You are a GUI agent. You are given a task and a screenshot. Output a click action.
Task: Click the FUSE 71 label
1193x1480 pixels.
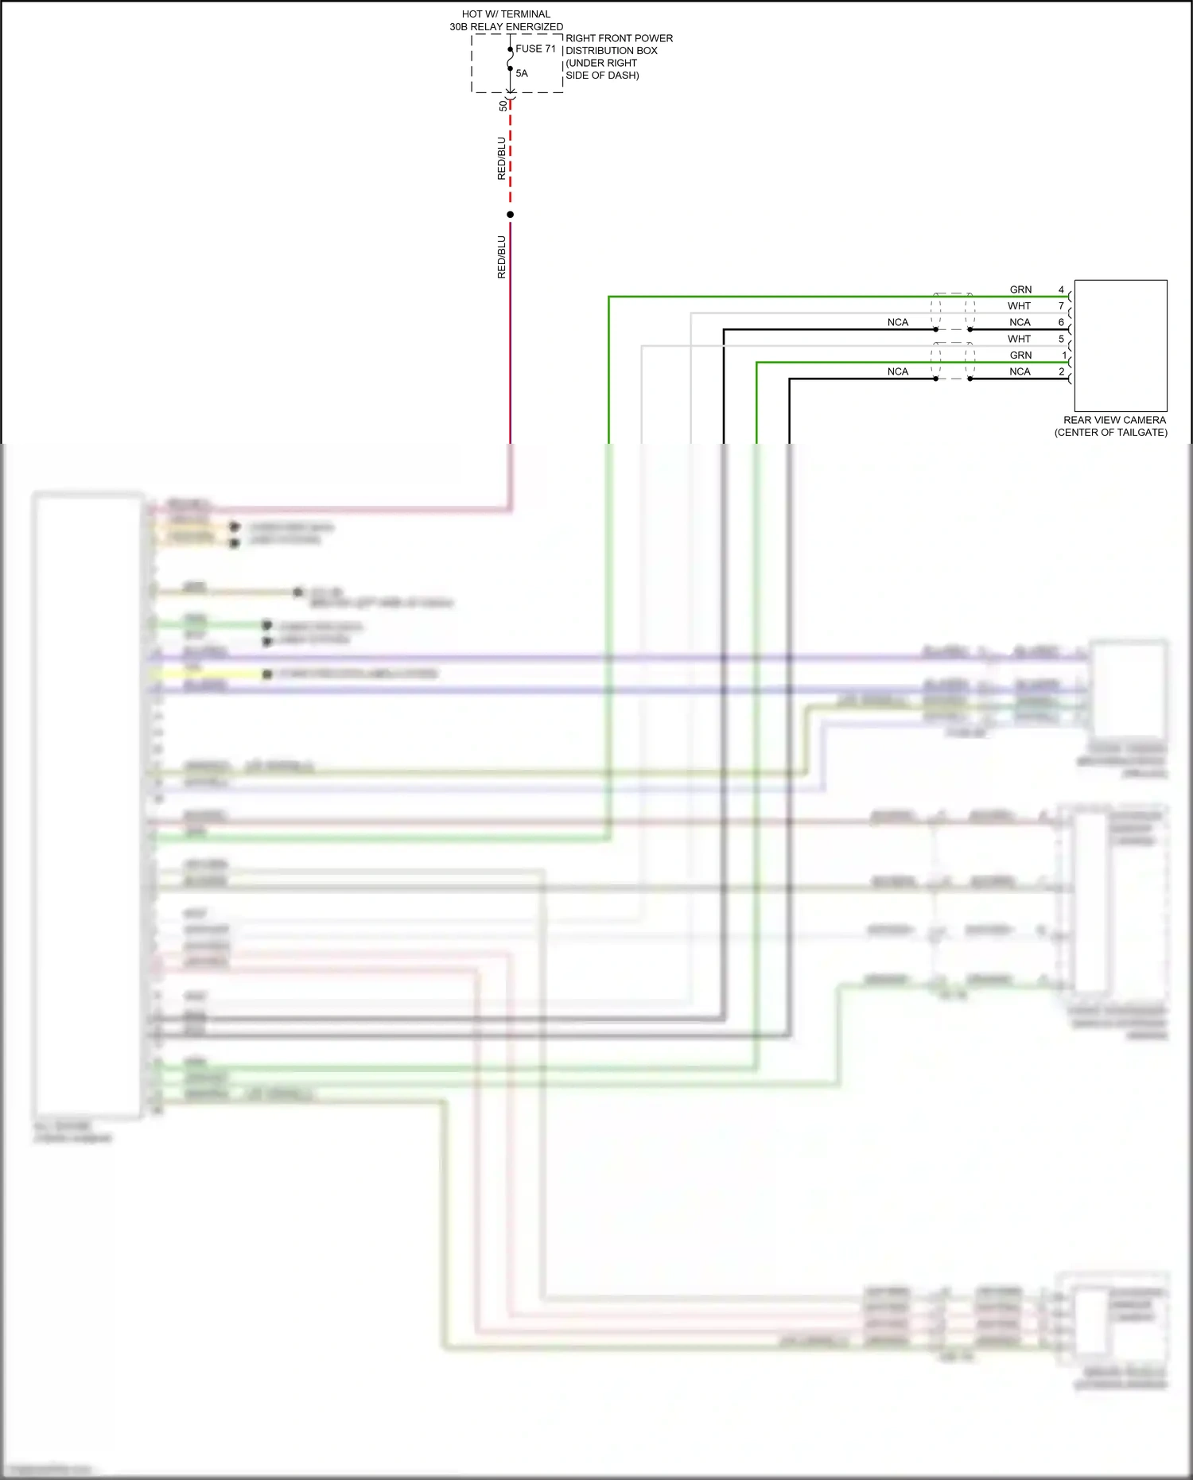click(x=535, y=49)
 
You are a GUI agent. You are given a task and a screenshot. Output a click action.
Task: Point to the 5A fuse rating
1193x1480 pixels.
click(x=522, y=73)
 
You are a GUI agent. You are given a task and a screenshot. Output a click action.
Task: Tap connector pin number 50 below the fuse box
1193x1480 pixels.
click(x=503, y=106)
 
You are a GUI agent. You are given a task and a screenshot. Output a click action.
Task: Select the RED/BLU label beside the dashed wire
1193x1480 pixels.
click(x=501, y=158)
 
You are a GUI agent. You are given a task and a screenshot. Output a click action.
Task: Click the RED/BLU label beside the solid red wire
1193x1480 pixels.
click(x=501, y=257)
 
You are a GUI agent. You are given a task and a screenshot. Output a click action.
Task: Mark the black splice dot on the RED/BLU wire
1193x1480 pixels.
click(x=511, y=215)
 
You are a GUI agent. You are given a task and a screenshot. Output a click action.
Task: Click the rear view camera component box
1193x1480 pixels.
click(x=1121, y=345)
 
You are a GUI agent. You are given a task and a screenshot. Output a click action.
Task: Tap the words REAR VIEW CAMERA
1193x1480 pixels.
click(x=1114, y=420)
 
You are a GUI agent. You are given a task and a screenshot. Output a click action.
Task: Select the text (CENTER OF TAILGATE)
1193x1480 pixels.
click(x=1111, y=433)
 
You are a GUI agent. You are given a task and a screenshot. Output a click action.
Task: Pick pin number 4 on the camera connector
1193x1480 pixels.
click(x=1061, y=289)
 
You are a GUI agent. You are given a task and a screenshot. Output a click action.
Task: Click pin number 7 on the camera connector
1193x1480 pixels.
click(x=1061, y=306)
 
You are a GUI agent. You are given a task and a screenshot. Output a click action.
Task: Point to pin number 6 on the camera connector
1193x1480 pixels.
click(x=1061, y=322)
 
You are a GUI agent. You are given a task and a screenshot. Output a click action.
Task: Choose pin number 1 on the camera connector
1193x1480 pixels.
click(x=1064, y=355)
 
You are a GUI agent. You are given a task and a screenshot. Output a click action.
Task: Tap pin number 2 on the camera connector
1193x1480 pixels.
click(x=1061, y=371)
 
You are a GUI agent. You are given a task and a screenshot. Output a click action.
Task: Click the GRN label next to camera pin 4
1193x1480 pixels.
click(x=1020, y=289)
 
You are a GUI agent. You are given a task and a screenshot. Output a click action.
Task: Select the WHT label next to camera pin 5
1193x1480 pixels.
click(x=1019, y=339)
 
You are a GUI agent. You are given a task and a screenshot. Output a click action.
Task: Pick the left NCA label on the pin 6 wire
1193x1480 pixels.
click(x=897, y=322)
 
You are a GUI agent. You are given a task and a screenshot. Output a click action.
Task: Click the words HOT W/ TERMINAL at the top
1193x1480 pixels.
click(x=506, y=14)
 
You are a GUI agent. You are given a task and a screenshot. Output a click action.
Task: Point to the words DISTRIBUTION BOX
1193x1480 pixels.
click(x=612, y=51)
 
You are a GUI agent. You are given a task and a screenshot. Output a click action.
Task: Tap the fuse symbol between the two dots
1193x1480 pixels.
click(x=511, y=60)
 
